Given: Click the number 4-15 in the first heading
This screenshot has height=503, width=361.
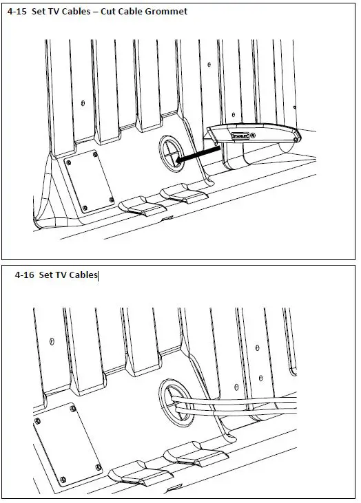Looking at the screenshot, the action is tap(17, 12).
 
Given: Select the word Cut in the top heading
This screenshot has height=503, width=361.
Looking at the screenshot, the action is tap(108, 12).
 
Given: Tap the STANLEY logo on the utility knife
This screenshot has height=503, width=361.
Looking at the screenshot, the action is tap(240, 136).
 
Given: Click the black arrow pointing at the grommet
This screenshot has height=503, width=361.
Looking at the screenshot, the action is tap(198, 153).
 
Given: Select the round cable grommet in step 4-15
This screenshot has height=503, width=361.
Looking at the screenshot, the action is tap(172, 153).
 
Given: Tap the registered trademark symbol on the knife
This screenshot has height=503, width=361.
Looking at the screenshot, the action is tap(253, 136).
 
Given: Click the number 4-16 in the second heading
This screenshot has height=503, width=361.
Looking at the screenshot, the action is tap(24, 275).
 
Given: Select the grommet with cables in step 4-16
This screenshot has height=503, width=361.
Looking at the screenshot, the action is tap(176, 403).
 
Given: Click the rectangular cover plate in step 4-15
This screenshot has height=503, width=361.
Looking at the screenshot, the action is tap(90, 182).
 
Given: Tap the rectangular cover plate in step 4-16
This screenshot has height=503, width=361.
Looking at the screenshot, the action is tap(68, 445).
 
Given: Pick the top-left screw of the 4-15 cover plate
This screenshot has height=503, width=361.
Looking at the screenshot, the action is tap(68, 162).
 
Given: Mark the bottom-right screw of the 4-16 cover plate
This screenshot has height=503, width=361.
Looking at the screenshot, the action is tap(99, 467).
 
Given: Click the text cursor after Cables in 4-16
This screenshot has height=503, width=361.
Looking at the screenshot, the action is tap(98, 275).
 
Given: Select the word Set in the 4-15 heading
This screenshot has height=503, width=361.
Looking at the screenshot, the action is tap(39, 12).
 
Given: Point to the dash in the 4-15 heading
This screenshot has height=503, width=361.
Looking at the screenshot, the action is tap(95, 12).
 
